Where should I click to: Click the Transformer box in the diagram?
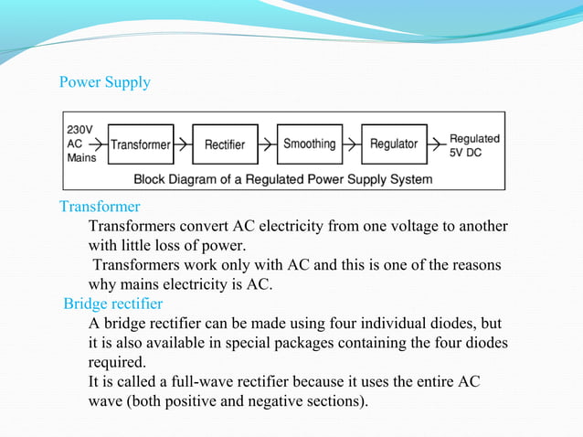coord(141,144)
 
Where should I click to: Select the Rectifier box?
coord(224,144)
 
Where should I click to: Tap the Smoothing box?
coord(309,144)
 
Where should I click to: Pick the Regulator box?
coord(394,144)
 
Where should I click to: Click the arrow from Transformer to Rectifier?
coord(184,144)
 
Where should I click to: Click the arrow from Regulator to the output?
coord(435,144)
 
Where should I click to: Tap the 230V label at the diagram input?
coord(79,130)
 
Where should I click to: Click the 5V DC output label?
coord(467,152)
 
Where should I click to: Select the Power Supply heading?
coord(104,83)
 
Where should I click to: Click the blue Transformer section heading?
coord(100,207)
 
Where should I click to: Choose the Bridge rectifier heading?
coord(112,304)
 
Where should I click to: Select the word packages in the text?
coord(299,343)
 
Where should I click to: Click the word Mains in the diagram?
coord(82,156)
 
